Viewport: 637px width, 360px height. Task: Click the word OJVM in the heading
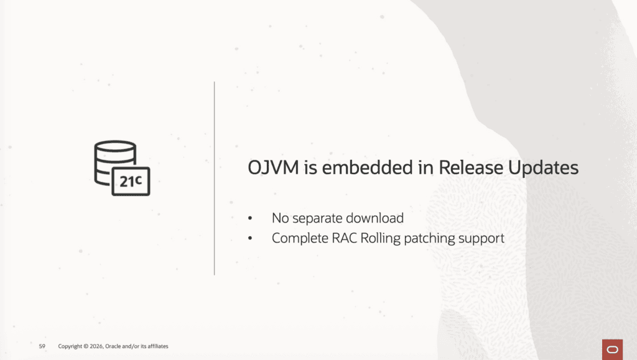(273, 168)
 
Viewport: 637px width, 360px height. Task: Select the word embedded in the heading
(367, 168)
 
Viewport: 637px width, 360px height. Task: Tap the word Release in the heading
(470, 168)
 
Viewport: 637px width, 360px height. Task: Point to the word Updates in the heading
(543, 168)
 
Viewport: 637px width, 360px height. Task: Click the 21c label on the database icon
(131, 181)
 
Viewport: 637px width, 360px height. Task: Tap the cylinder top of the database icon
(115, 146)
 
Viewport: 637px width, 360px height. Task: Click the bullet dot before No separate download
(250, 218)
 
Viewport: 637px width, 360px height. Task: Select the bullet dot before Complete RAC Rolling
(250, 238)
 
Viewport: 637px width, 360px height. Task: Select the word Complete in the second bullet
(300, 239)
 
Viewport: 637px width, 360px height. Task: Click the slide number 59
(42, 346)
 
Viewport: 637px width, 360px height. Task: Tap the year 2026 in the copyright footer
(96, 346)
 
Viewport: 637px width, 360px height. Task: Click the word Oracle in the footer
(113, 346)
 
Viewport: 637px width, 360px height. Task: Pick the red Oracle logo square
(612, 349)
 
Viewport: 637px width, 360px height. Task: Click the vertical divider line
(215, 178)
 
